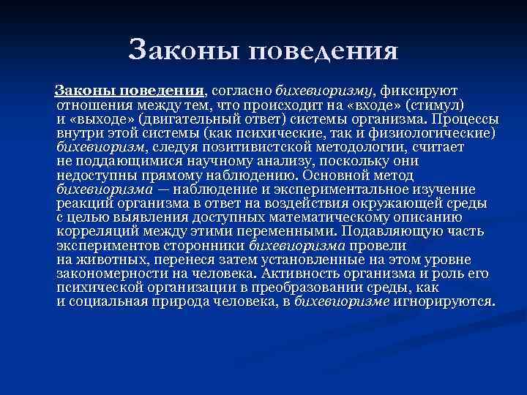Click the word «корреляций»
pos(94,232)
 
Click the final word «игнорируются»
pos(455,301)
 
